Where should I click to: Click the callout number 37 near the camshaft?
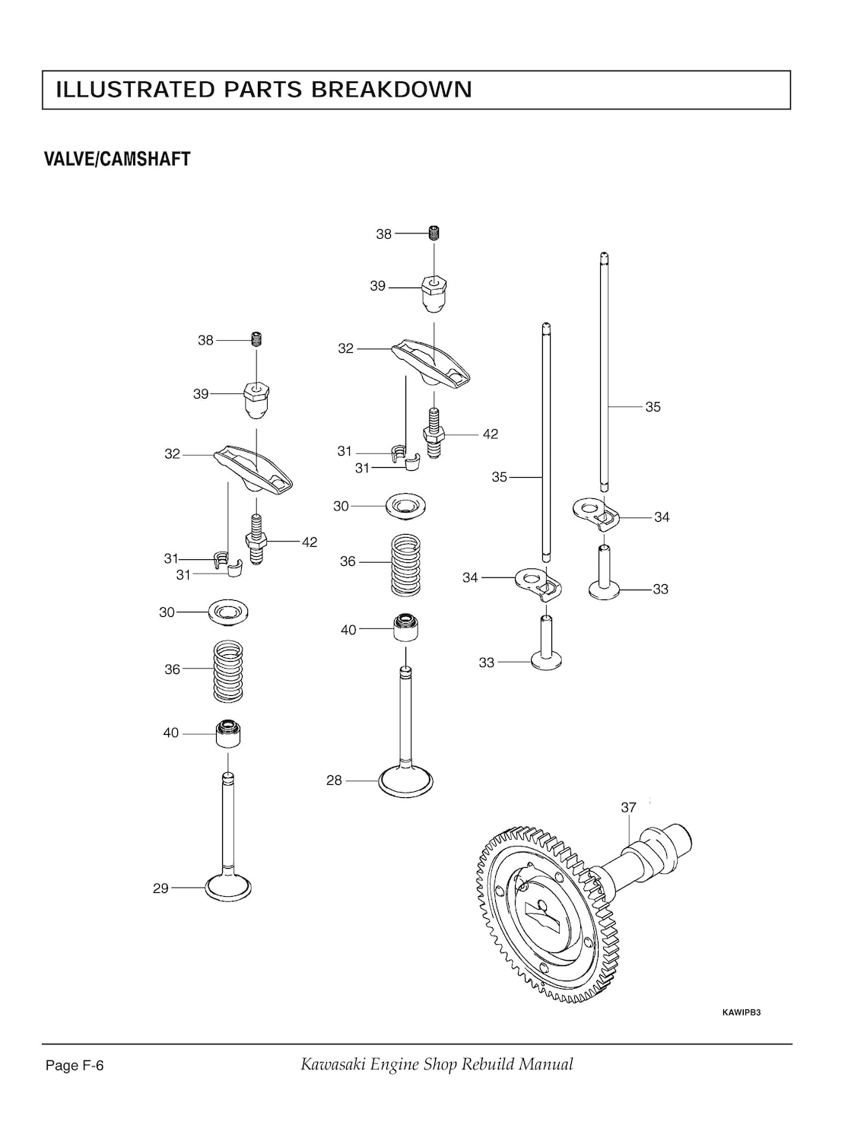click(628, 808)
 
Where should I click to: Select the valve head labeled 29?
click(228, 888)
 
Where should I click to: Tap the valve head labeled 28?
click(406, 781)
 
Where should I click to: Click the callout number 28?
click(334, 780)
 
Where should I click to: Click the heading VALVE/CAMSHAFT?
click(117, 160)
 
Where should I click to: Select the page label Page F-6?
click(75, 1066)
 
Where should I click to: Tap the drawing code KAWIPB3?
click(741, 1012)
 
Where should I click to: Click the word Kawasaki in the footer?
click(332, 1064)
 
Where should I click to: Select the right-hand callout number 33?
click(660, 590)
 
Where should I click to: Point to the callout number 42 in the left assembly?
click(309, 542)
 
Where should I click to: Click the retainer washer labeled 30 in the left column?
click(229, 612)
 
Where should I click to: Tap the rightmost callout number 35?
click(653, 407)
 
